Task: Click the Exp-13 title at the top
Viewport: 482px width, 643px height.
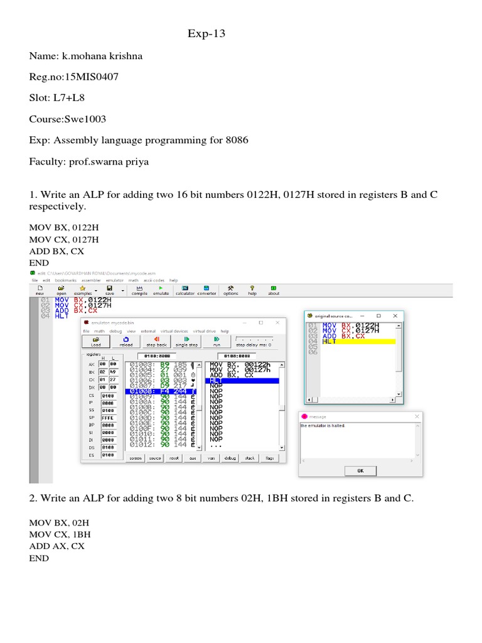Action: (x=206, y=34)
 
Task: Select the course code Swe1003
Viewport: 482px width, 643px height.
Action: (x=88, y=119)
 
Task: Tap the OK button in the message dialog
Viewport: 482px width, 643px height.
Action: (x=360, y=470)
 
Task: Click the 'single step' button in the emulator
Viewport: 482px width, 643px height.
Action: (x=186, y=342)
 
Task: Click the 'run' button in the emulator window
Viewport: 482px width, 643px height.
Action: (x=217, y=342)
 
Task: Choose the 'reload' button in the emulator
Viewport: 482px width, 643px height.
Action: (x=126, y=342)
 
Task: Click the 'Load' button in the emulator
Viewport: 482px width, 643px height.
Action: (x=95, y=342)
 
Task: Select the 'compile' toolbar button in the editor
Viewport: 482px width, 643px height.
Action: (x=139, y=290)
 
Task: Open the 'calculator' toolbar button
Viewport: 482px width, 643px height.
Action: (x=185, y=290)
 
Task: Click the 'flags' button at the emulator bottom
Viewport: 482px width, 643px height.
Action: (x=269, y=458)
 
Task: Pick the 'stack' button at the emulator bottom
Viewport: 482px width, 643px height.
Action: (x=249, y=458)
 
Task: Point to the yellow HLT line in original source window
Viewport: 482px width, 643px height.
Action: (x=358, y=342)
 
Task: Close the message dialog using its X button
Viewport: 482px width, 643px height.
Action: (x=417, y=416)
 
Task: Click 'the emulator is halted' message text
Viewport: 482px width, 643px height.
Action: (x=323, y=426)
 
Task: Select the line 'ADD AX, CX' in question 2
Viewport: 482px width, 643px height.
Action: (x=56, y=546)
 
